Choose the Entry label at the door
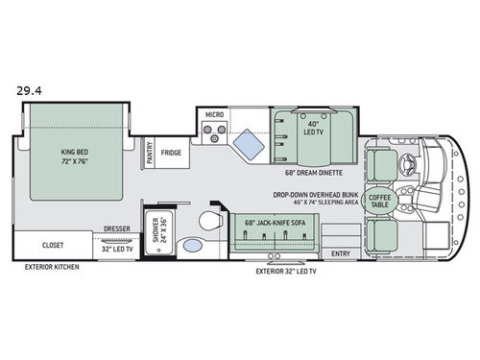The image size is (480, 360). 340,252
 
